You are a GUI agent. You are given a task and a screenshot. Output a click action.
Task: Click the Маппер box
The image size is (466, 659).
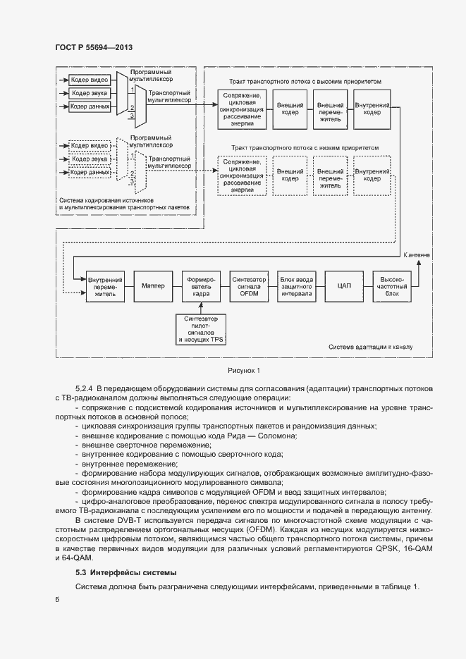tap(153, 285)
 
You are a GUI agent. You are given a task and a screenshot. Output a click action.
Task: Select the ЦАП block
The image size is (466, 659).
tap(344, 285)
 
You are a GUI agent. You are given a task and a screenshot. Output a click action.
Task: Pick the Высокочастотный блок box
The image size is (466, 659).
tap(392, 286)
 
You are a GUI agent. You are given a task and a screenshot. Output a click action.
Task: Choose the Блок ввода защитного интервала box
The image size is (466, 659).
tap(297, 286)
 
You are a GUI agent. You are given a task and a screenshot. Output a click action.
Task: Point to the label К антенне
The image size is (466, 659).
tap(418, 254)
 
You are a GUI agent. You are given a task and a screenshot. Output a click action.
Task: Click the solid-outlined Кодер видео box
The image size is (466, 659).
tap(90, 80)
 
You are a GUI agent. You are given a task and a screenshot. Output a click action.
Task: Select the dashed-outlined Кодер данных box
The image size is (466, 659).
tap(90, 171)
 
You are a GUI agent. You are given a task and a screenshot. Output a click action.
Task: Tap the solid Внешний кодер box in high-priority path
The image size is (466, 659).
tap(290, 109)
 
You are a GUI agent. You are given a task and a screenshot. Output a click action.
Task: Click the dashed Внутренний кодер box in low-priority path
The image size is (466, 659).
tap(372, 175)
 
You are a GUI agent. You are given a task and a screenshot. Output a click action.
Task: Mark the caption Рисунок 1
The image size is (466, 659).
tap(244, 370)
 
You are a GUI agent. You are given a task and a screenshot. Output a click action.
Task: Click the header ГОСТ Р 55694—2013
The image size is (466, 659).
tap(93, 47)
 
